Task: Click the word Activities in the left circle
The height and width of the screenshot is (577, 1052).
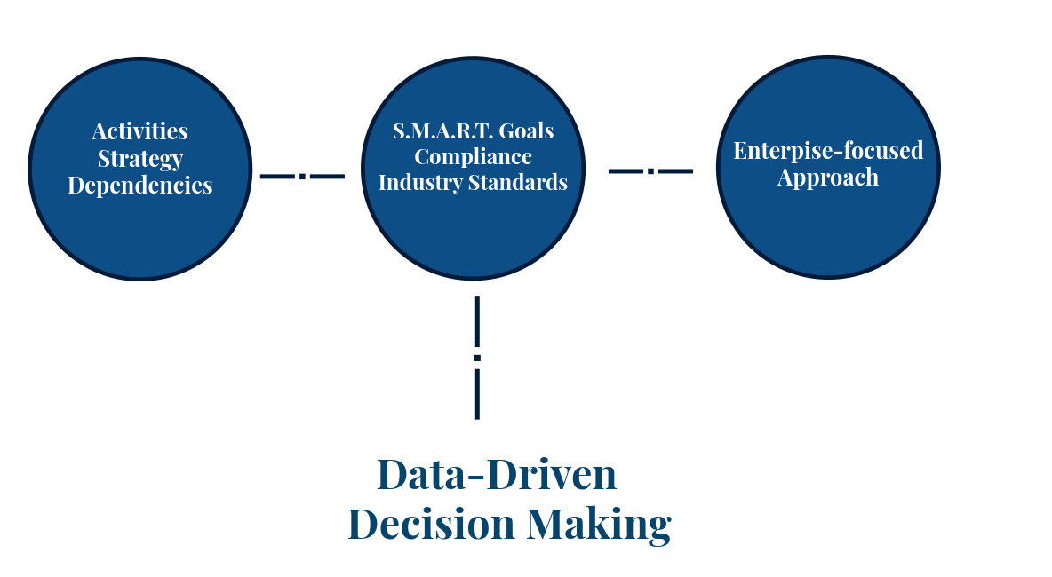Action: [x=139, y=131]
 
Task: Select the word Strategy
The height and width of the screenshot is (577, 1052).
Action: [x=140, y=159]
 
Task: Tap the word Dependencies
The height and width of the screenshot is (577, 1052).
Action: [x=140, y=186]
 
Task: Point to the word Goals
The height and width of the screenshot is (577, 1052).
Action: [x=527, y=131]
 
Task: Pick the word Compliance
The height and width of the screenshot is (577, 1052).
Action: [x=474, y=157]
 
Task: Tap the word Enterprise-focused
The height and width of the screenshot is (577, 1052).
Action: [x=828, y=151]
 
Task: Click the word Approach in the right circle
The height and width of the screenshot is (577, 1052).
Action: [x=828, y=178]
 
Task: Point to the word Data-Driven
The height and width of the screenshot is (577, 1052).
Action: [x=497, y=475]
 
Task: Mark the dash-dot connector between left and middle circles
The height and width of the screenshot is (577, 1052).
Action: [x=302, y=177]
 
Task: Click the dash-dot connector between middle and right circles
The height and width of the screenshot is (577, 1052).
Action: [x=650, y=170]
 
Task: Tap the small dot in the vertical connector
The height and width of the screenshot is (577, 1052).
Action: [x=477, y=358]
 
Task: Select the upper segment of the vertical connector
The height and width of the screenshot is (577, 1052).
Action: [x=477, y=321]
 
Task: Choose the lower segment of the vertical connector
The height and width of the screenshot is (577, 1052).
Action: [x=477, y=394]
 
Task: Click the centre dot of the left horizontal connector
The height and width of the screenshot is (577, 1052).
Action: [x=302, y=177]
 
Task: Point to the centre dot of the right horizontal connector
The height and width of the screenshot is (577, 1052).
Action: [x=650, y=170]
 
